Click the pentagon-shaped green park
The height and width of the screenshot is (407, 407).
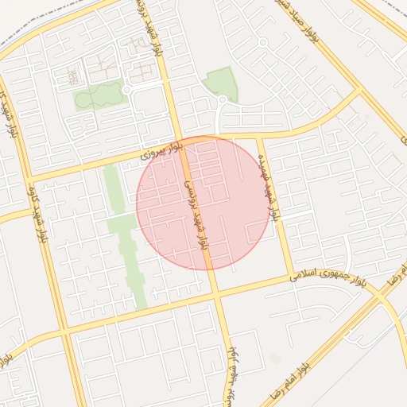[x=220, y=83]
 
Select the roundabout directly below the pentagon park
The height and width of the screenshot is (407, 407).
[x=222, y=100]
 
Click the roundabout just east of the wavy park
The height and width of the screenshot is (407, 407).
[x=127, y=91]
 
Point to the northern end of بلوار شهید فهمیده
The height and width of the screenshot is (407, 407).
[x=259, y=136]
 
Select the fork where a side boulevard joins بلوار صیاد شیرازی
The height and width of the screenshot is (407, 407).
[x=362, y=90]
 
